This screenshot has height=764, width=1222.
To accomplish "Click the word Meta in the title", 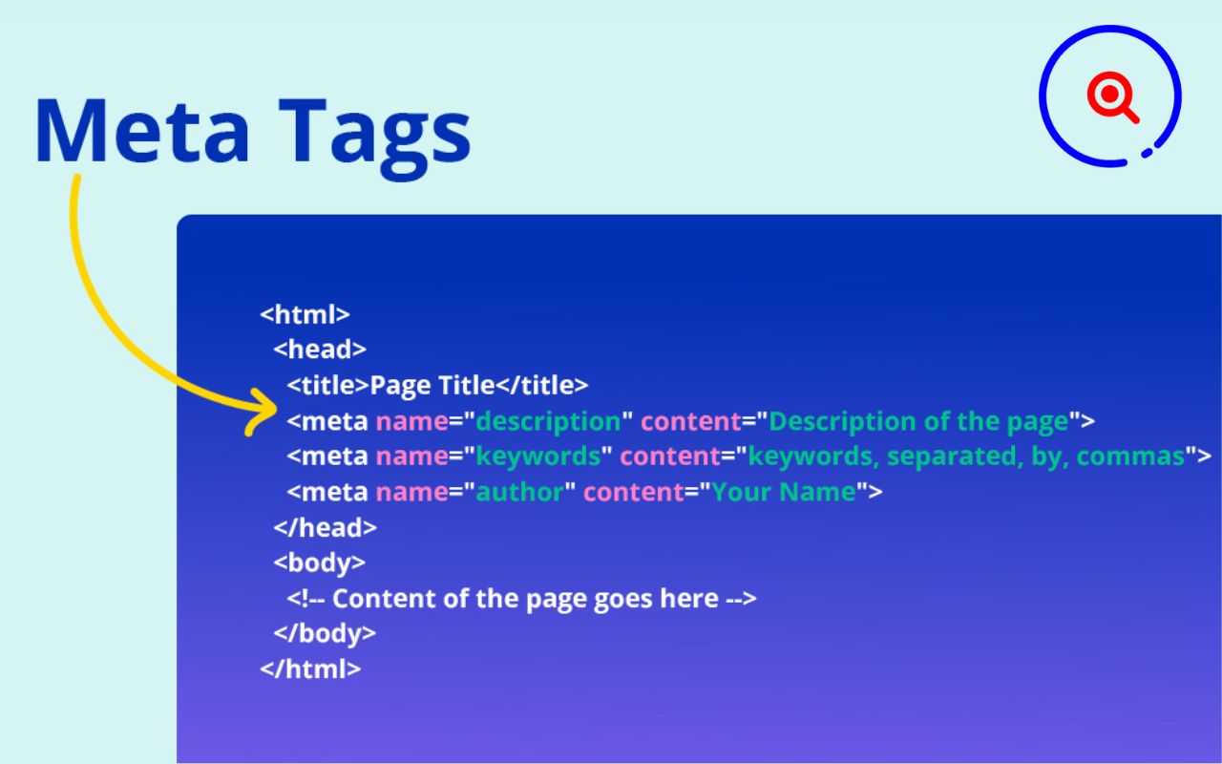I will pyautogui.click(x=143, y=130).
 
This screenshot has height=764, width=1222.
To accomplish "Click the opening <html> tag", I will pyautogui.click(x=305, y=313).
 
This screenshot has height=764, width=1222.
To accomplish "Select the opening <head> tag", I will pyautogui.click(x=320, y=349).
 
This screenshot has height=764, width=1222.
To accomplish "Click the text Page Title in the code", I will pyautogui.click(x=432, y=385).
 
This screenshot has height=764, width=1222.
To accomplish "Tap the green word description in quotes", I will pyautogui.click(x=548, y=421).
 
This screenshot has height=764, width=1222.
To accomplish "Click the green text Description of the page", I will pyautogui.click(x=918, y=421).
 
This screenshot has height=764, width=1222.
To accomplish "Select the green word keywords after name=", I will pyautogui.click(x=538, y=456).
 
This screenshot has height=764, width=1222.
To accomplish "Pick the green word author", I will pyautogui.click(x=520, y=493).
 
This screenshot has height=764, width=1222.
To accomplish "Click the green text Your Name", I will pyautogui.click(x=783, y=493).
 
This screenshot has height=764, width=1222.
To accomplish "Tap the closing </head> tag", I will pyautogui.click(x=325, y=527).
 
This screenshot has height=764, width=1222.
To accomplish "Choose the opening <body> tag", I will pyautogui.click(x=319, y=562).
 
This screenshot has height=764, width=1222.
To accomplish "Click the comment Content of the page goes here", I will pyautogui.click(x=524, y=599).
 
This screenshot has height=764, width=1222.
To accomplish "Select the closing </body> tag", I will pyautogui.click(x=325, y=633).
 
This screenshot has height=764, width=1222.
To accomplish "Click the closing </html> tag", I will pyautogui.click(x=310, y=668).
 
